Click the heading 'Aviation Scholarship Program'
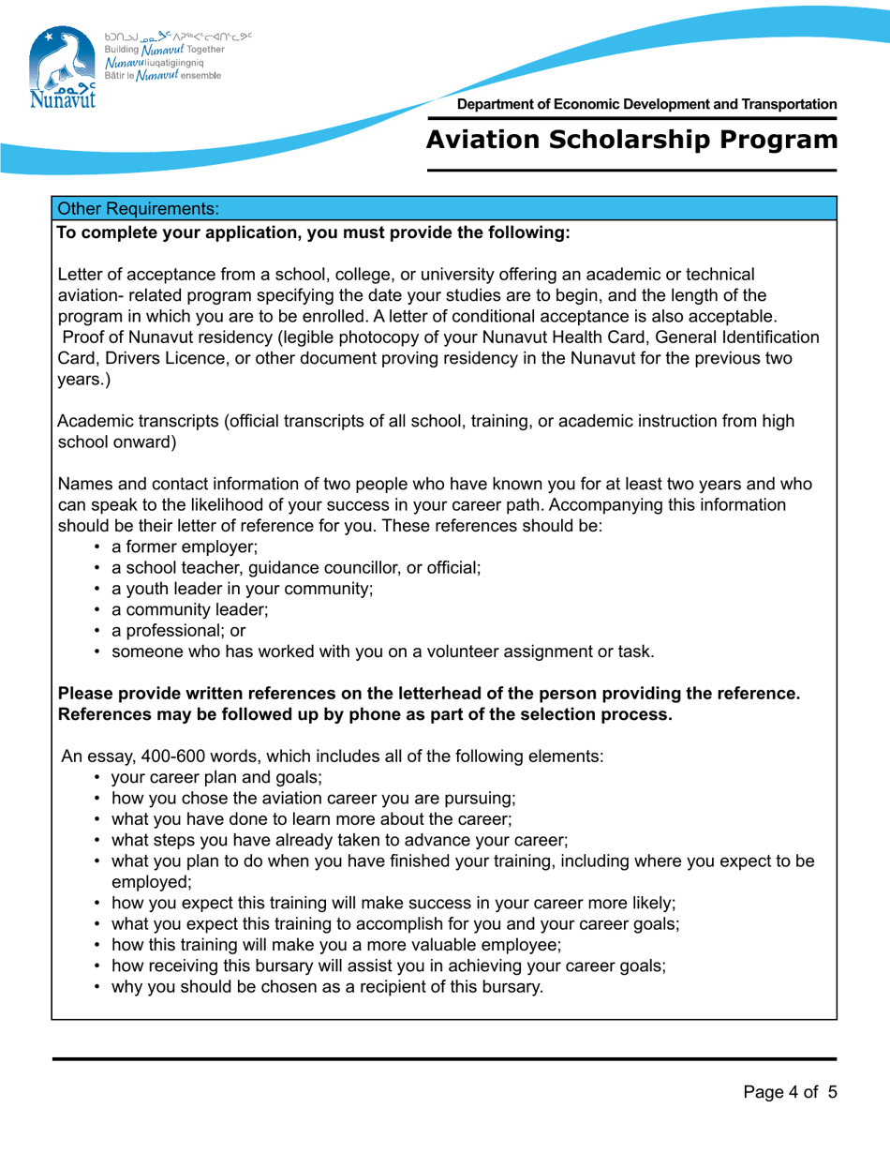[631, 140]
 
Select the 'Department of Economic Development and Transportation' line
[647, 104]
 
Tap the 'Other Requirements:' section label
[138, 207]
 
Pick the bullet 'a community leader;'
[190, 610]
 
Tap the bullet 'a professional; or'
[178, 631]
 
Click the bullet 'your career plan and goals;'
[216, 776]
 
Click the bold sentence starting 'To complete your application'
[314, 232]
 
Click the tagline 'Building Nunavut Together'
[164, 49]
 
